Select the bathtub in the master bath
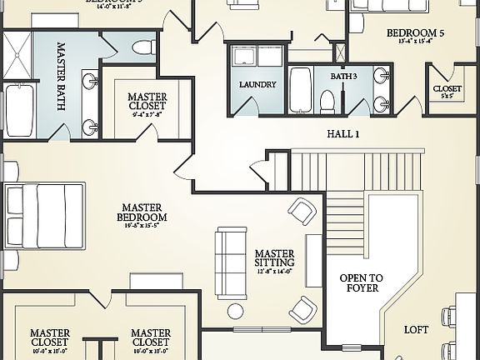18,112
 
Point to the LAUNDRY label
257,85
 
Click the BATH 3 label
342,77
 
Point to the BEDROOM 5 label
411,33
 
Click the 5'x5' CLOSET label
447,89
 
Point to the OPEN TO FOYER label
358,283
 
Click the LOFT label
417,329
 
